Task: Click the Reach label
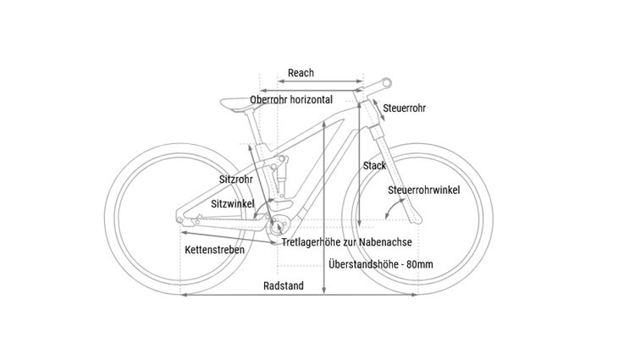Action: pyautogui.click(x=301, y=74)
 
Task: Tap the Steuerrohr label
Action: pyautogui.click(x=404, y=108)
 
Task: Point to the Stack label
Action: pyautogui.click(x=373, y=165)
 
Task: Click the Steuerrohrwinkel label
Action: pyautogui.click(x=423, y=190)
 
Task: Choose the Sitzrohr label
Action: pyautogui.click(x=235, y=180)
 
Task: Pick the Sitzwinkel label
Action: pyautogui.click(x=232, y=204)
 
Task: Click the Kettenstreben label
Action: pyautogui.click(x=214, y=250)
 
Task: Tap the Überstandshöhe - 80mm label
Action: pyautogui.click(x=380, y=265)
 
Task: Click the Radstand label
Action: pyautogui.click(x=283, y=285)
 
